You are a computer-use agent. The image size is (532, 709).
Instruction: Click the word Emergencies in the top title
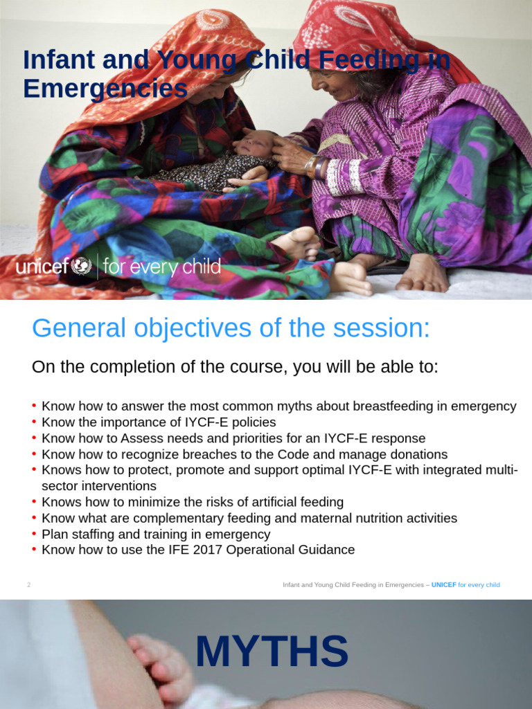pyautogui.click(x=105, y=89)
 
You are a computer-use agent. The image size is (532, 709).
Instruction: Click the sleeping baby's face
pyautogui.click(x=254, y=144)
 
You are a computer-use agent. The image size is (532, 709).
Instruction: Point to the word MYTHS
pyautogui.click(x=272, y=652)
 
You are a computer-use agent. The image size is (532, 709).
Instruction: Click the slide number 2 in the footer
pyautogui.click(x=29, y=585)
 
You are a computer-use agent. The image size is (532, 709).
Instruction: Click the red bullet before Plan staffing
pyautogui.click(x=35, y=535)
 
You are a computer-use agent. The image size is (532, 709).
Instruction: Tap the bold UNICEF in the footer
pyautogui.click(x=443, y=585)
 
